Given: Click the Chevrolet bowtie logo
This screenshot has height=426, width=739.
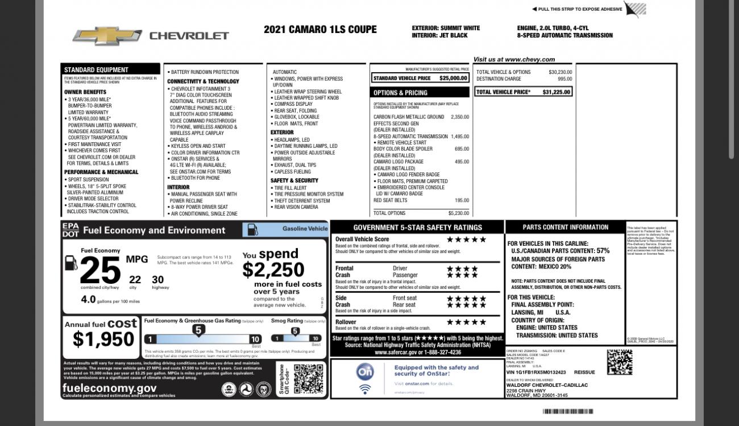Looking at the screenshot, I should [107, 36].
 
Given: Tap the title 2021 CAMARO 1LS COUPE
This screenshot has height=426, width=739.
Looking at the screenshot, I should [320, 30].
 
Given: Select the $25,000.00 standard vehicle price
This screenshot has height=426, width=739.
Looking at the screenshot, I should [453, 78].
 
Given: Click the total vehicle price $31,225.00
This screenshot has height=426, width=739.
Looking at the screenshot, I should [556, 92].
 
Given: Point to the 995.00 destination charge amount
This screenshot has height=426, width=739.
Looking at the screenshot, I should [564, 79].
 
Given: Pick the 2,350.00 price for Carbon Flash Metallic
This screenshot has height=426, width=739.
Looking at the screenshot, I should [459, 117].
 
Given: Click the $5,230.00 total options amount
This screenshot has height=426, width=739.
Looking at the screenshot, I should [458, 213].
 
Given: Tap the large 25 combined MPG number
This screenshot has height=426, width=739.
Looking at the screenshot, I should [100, 270].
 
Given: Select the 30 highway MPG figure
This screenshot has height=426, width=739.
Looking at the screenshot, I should [157, 280].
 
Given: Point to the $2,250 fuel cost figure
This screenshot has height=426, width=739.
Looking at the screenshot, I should [273, 270].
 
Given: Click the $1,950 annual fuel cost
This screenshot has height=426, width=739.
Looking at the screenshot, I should [103, 340].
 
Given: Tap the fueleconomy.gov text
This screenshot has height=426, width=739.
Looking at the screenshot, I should [109, 388].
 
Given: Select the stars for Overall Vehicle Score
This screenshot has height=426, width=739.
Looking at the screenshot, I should [466, 239].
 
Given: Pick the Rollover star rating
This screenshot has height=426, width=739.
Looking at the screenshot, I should [466, 322].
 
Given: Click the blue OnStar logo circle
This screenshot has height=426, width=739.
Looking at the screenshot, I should [365, 372].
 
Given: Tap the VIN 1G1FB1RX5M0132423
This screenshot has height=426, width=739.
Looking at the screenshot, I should [535, 373].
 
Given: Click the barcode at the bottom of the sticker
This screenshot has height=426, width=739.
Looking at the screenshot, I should [567, 411].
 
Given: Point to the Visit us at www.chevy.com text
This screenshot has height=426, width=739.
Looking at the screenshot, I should [514, 59].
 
